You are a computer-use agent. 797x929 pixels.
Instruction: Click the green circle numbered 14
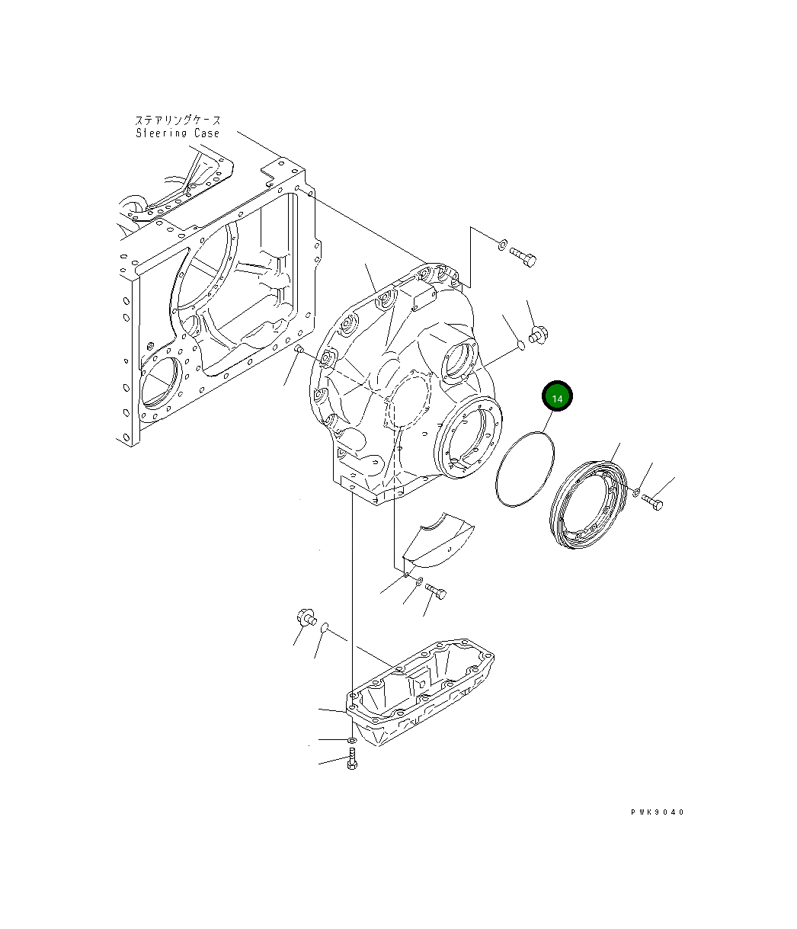(x=557, y=397)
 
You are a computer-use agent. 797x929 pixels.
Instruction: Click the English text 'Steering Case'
(x=178, y=133)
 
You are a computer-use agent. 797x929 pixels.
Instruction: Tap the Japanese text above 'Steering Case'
(x=178, y=120)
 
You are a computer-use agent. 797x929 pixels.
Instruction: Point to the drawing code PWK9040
(x=657, y=812)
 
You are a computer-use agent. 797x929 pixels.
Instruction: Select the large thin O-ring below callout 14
(x=525, y=468)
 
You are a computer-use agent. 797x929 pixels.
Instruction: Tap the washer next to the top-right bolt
(x=501, y=245)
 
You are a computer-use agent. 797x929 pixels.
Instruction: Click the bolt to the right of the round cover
(x=652, y=501)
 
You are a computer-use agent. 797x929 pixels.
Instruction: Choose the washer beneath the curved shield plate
(x=418, y=583)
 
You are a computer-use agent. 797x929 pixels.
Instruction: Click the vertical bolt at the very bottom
(x=351, y=759)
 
